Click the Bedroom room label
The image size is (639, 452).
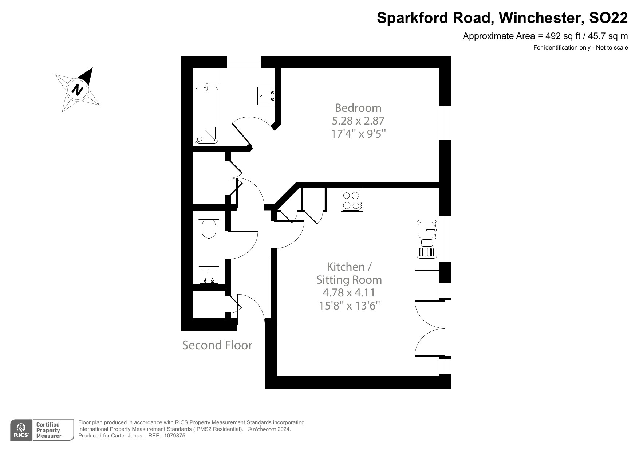tap(358, 108)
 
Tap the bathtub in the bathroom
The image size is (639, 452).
tap(207, 114)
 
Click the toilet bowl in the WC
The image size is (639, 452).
tap(209, 227)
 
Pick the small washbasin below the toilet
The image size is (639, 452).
tap(209, 275)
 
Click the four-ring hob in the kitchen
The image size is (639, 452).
tap(351, 200)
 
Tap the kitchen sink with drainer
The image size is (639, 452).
tap(427, 239)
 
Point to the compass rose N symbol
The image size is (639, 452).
tap(77, 89)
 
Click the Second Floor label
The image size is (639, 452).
tap(217, 345)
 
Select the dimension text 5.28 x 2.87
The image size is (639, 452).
tap(358, 121)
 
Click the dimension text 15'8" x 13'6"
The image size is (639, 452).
tap(349, 306)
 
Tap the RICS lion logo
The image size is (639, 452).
tap(21, 430)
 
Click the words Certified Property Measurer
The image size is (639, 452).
tap(48, 430)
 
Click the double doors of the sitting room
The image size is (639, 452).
tap(430, 328)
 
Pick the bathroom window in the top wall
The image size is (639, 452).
tap(244, 62)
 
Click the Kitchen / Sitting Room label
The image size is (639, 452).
tap(349, 273)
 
